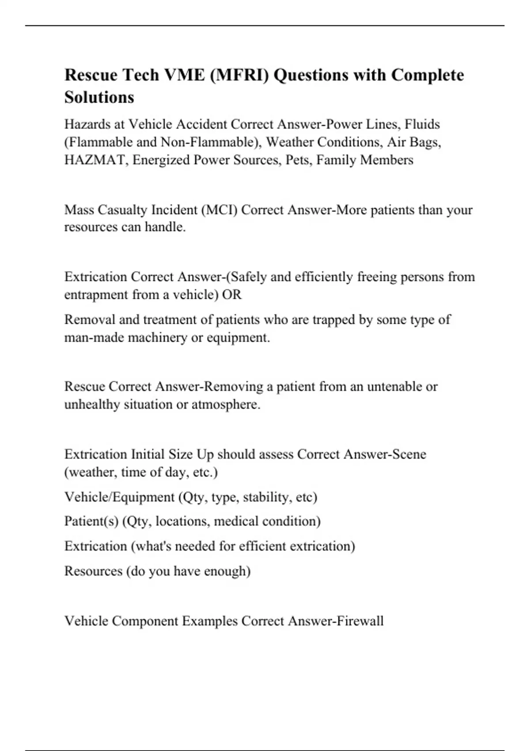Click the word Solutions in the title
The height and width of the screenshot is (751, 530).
point(99,97)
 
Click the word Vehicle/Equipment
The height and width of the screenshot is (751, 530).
point(119,497)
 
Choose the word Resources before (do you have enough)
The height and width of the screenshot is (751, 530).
point(93,571)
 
